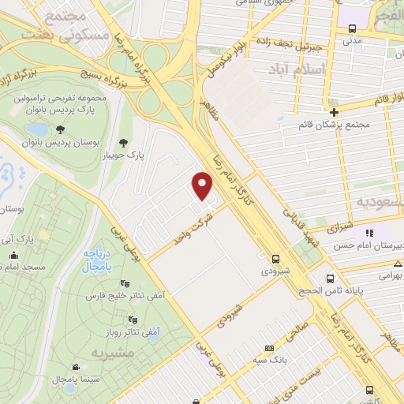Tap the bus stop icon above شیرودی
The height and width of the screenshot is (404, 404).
point(275,258)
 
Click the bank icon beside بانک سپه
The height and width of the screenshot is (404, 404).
point(270,348)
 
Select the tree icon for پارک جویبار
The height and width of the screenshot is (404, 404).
point(124,143)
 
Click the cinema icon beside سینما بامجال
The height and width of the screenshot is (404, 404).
point(75,368)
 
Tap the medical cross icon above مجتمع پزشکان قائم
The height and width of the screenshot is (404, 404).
point(335,112)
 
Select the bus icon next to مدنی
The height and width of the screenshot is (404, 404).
point(351,29)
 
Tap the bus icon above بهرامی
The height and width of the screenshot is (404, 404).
point(330,279)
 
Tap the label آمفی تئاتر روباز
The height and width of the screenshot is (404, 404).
point(113,332)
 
